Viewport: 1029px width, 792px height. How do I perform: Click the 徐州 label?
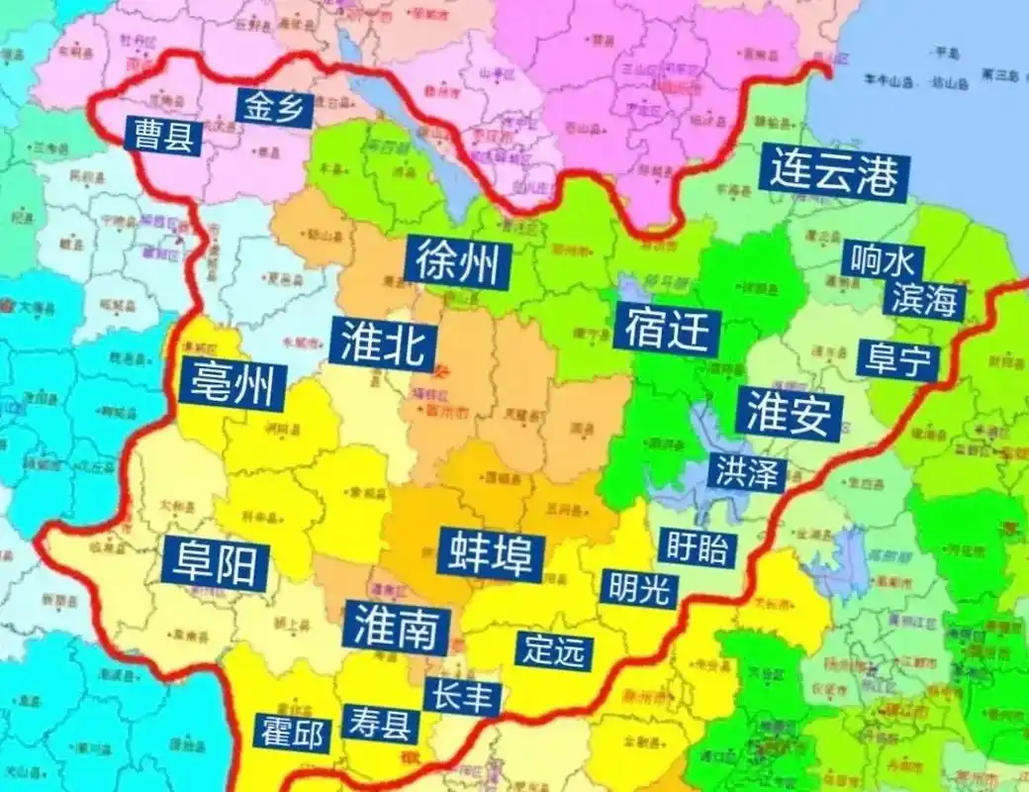(x=457, y=263)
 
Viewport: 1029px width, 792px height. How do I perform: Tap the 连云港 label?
(x=834, y=174)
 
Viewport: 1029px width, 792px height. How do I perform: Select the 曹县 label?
(x=163, y=136)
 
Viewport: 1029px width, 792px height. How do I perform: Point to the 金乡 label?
(x=274, y=107)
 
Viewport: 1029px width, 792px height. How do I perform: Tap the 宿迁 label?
(x=668, y=330)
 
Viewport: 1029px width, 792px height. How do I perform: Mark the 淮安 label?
(x=789, y=413)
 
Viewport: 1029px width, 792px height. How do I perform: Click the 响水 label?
(x=883, y=261)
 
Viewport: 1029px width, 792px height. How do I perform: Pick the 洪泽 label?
(x=746, y=472)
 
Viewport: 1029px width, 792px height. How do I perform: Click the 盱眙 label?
(x=698, y=546)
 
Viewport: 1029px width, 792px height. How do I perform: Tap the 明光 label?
(x=639, y=589)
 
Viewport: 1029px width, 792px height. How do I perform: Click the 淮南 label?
(x=397, y=626)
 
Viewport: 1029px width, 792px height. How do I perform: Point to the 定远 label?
(x=555, y=650)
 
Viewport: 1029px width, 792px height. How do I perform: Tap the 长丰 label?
(x=459, y=696)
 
